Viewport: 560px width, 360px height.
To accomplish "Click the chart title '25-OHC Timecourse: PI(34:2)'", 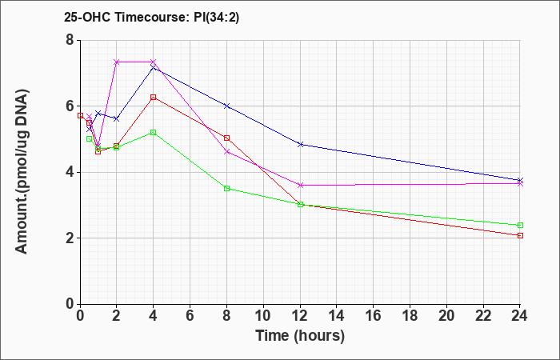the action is [151, 17].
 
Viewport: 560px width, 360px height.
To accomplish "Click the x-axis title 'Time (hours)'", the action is [300, 336].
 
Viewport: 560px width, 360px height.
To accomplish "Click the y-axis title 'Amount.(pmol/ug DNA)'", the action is [22, 172].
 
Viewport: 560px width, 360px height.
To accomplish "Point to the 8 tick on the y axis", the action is [70, 40].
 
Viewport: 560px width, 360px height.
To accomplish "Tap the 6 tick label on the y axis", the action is [70, 106].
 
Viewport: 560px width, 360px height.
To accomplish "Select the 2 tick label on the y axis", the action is [70, 238].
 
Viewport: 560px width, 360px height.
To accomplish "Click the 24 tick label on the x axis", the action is [519, 316].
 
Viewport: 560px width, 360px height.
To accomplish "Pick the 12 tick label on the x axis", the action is [300, 316].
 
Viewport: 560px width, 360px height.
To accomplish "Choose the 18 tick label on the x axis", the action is [410, 316].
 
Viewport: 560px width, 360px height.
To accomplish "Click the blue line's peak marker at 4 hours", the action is [154, 67].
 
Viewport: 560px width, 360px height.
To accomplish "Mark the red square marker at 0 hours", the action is [80, 116].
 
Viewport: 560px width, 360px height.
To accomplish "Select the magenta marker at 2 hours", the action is [117, 62].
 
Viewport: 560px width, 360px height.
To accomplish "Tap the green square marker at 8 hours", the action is [226, 188].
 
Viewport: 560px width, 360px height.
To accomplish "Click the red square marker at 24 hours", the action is [520, 235].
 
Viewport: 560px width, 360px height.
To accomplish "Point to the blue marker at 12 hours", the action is [300, 144].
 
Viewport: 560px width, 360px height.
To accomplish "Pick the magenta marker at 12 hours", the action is [300, 185].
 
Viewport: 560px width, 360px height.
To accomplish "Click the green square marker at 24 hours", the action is [520, 225].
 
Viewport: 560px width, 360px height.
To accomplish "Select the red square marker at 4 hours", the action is [154, 97].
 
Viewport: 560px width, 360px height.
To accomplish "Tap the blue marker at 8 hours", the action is [226, 106].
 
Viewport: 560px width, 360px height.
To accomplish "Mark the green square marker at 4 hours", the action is [154, 133].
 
